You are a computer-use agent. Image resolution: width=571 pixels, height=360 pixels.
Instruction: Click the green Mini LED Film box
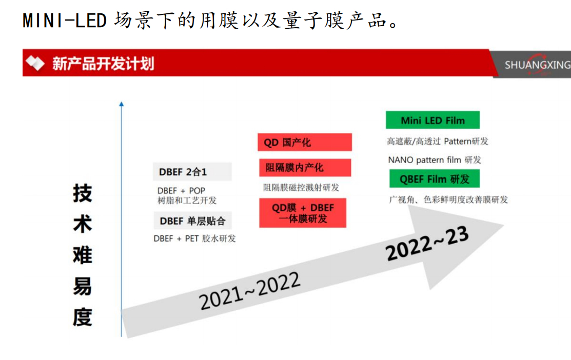pyautogui.click(x=432, y=120)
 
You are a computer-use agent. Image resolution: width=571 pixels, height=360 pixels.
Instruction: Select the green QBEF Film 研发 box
pyautogui.click(x=435, y=179)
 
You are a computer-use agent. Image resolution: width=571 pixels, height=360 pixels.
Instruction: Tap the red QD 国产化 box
pyautogui.click(x=305, y=142)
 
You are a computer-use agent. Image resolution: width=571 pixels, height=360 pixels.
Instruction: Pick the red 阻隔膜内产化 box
pyautogui.click(x=305, y=168)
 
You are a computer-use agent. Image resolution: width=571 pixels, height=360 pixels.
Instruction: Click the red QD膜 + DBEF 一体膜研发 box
pyautogui.click(x=303, y=213)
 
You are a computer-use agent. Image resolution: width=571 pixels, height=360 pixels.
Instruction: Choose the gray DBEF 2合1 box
pyautogui.click(x=192, y=172)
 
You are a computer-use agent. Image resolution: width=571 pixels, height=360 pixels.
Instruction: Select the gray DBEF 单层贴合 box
pyautogui.click(x=192, y=221)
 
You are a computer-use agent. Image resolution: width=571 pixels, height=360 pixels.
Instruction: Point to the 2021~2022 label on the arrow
pyautogui.click(x=249, y=291)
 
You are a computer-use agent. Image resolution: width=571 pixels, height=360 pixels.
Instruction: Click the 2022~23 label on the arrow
pyautogui.click(x=427, y=243)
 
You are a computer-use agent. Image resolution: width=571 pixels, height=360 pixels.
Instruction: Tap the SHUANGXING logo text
pyautogui.click(x=538, y=65)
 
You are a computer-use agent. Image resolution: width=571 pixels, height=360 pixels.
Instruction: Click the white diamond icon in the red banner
pyautogui.click(x=35, y=63)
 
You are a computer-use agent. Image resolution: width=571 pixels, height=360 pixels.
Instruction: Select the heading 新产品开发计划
pyautogui.click(x=103, y=64)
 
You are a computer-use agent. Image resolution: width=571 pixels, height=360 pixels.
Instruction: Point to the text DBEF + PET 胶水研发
pyautogui.click(x=194, y=238)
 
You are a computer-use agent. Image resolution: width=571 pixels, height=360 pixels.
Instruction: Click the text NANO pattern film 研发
pyautogui.click(x=435, y=160)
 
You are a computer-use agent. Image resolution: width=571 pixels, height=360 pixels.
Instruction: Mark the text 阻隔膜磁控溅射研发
pyautogui.click(x=301, y=188)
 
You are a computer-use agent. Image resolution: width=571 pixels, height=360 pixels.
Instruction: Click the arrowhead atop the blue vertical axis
pyautogui.click(x=122, y=104)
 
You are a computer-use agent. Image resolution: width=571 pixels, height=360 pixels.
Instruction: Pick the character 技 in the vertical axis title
pyautogui.click(x=82, y=193)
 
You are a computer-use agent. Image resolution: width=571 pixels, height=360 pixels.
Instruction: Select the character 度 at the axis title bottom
pyautogui.click(x=82, y=317)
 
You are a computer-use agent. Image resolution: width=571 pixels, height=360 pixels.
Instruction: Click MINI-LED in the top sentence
pyautogui.click(x=65, y=21)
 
